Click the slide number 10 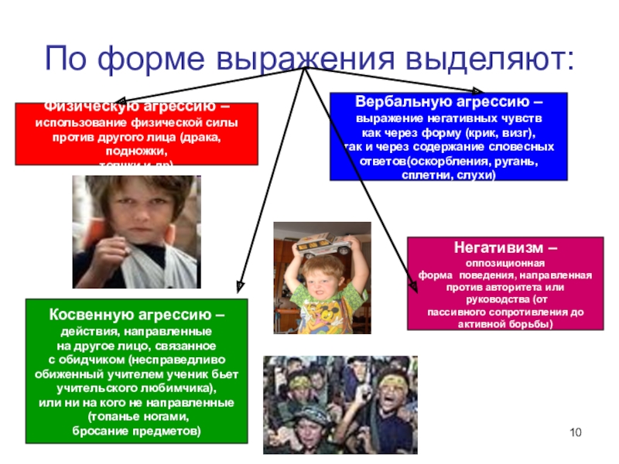574,431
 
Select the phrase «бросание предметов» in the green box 137,430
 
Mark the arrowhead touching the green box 240,288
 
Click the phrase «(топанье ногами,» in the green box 137,417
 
